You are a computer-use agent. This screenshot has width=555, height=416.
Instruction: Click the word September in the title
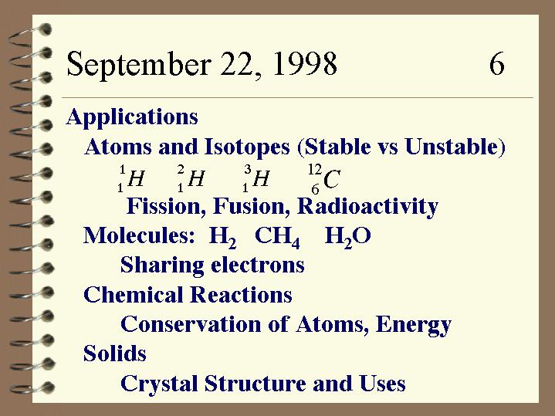click(x=139, y=64)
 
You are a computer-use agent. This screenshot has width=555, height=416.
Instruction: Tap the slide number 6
click(x=497, y=64)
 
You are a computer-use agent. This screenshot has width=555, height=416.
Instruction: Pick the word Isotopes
click(x=248, y=147)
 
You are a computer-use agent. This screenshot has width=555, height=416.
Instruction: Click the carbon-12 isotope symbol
click(x=324, y=179)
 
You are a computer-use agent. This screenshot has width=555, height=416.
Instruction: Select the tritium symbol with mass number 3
click(x=256, y=178)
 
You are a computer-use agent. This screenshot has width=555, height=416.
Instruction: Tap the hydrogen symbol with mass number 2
click(x=191, y=178)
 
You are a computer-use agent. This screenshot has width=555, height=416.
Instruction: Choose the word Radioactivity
click(x=367, y=206)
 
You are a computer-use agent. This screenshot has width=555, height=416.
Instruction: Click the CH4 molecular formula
click(x=277, y=237)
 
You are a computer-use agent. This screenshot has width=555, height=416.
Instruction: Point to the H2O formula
click(x=347, y=237)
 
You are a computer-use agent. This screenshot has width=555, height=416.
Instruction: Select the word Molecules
click(x=139, y=235)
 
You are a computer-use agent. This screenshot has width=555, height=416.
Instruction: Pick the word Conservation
click(x=191, y=324)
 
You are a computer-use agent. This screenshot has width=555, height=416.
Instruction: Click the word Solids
click(x=115, y=353)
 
